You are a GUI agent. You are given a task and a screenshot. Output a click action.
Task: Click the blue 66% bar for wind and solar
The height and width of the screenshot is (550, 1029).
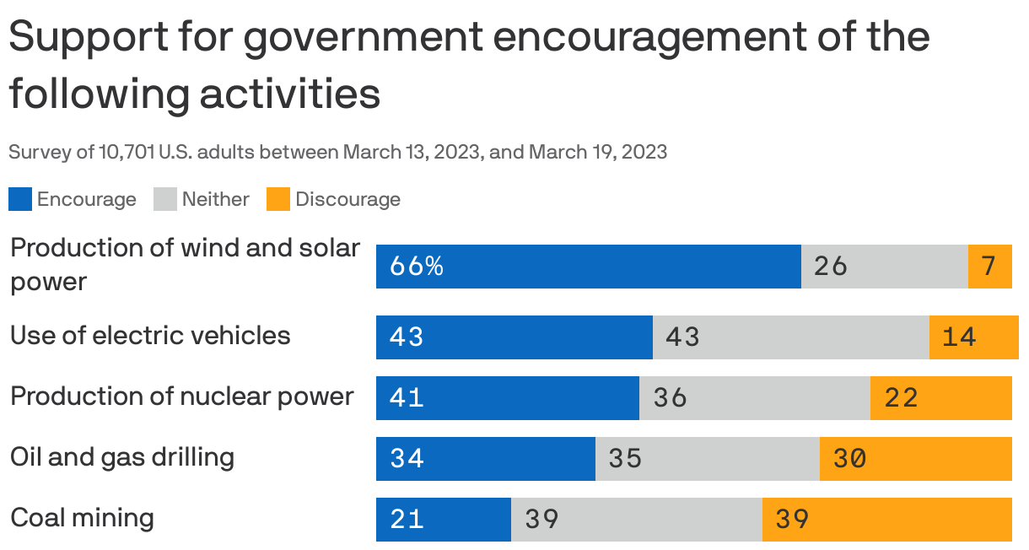click(x=588, y=267)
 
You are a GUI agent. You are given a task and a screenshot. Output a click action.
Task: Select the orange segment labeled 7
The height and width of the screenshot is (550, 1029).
click(x=989, y=267)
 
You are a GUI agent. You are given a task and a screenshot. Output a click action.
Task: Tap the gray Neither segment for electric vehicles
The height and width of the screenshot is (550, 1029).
click(x=790, y=337)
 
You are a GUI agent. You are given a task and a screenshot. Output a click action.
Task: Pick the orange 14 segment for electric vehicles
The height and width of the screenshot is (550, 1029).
click(x=973, y=337)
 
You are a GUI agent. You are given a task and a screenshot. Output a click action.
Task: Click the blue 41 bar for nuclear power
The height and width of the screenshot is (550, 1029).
click(x=507, y=397)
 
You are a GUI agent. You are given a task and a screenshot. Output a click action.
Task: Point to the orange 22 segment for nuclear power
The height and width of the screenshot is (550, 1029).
click(x=940, y=397)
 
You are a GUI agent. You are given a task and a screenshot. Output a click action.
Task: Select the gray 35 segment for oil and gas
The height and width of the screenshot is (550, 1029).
click(x=707, y=458)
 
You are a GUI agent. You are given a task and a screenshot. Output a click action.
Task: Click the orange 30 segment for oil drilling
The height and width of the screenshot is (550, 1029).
click(x=915, y=458)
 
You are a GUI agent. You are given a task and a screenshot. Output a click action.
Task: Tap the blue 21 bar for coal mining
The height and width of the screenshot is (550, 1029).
click(x=443, y=519)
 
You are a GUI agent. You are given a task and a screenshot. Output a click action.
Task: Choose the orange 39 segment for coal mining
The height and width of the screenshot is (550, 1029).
click(x=886, y=519)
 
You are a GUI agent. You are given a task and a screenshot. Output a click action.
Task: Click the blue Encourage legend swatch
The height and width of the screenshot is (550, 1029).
click(x=20, y=200)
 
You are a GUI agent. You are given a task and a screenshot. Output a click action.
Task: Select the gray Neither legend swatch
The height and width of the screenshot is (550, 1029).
click(x=165, y=200)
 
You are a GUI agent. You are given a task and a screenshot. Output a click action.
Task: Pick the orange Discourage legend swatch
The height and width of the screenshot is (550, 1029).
click(x=278, y=200)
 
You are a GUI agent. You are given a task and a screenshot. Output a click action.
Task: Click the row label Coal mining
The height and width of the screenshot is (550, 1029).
click(x=82, y=517)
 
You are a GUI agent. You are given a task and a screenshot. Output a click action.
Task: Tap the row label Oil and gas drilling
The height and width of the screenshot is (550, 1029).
click(x=122, y=456)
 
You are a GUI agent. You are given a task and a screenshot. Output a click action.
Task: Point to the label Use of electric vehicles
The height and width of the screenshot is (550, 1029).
click(x=150, y=335)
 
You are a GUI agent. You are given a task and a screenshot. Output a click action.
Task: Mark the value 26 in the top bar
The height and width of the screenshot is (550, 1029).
click(x=830, y=267)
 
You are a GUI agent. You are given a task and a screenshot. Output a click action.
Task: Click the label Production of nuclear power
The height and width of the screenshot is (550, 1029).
click(x=181, y=396)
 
